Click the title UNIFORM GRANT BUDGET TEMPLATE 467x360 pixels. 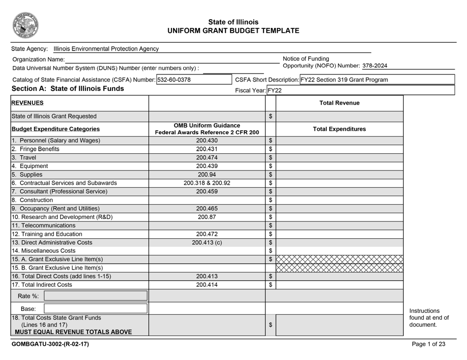[x=233, y=30]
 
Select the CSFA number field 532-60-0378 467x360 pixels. [x=174, y=80]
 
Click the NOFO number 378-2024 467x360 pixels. [x=375, y=65]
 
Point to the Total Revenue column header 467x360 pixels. [x=339, y=103]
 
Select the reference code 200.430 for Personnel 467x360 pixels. [x=206, y=140]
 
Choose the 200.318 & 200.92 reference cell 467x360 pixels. [x=206, y=183]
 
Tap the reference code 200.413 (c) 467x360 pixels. [x=206, y=242]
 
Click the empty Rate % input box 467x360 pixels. [x=96, y=296]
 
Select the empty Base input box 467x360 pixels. [x=96, y=308]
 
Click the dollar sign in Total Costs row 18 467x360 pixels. [x=270, y=325]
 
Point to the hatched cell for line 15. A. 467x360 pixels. [x=339, y=259]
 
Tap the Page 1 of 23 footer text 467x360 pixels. [x=429, y=344]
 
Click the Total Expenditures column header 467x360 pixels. [x=339, y=129]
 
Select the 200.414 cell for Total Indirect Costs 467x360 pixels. [x=206, y=284]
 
